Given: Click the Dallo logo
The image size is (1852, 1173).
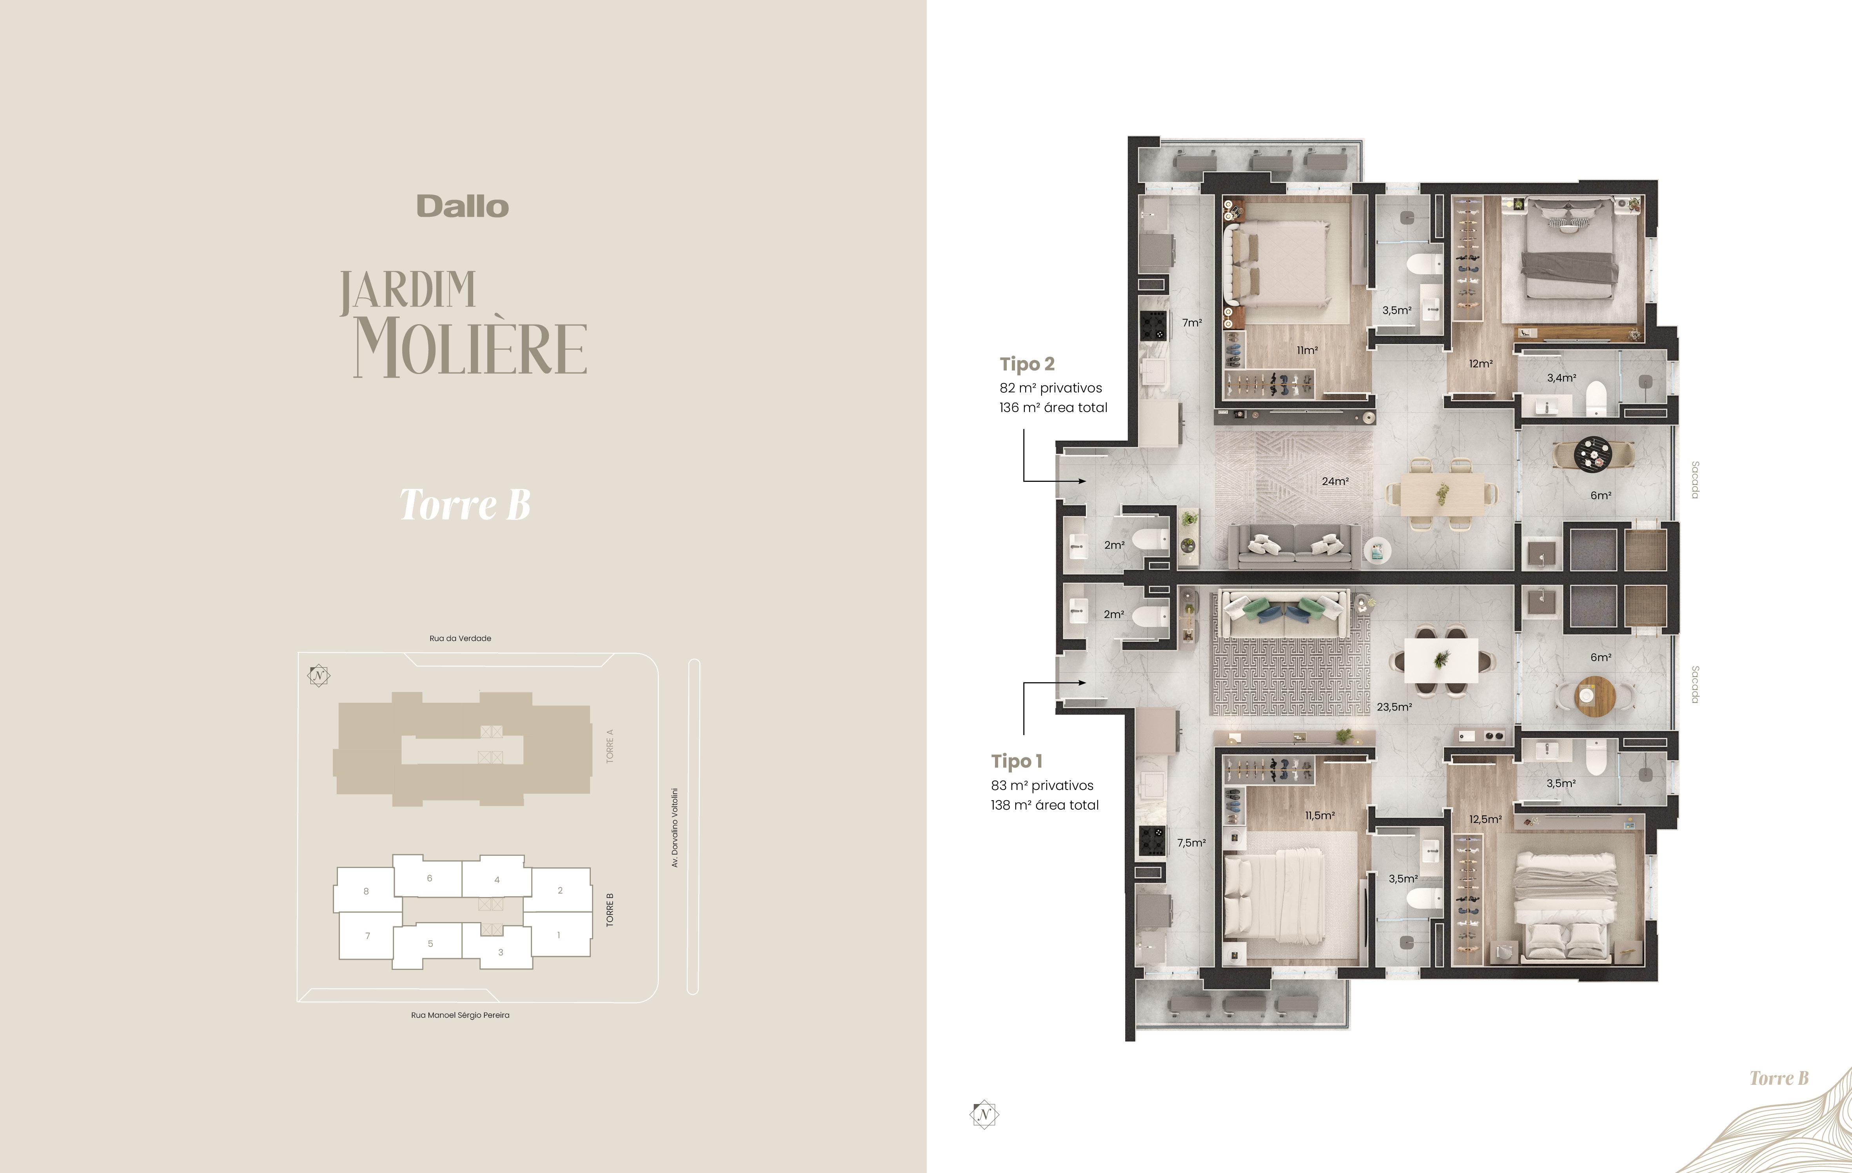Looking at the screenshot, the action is [462, 206].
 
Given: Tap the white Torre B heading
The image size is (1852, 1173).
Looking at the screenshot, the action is [465, 505].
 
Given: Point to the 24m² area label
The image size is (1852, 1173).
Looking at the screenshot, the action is [1335, 481].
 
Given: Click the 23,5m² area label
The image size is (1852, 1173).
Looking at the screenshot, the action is [1394, 707].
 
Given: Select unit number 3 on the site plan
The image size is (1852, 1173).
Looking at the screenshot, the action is [501, 952].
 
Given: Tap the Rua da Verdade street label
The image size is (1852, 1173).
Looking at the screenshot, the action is [460, 638].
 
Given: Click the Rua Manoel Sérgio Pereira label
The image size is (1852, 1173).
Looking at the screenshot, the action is [460, 1015].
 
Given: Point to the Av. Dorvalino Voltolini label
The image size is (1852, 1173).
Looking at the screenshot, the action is [674, 828].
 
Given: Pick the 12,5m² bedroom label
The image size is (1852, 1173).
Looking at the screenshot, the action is [1485, 819].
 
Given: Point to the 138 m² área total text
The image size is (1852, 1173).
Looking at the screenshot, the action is [1044, 805].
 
